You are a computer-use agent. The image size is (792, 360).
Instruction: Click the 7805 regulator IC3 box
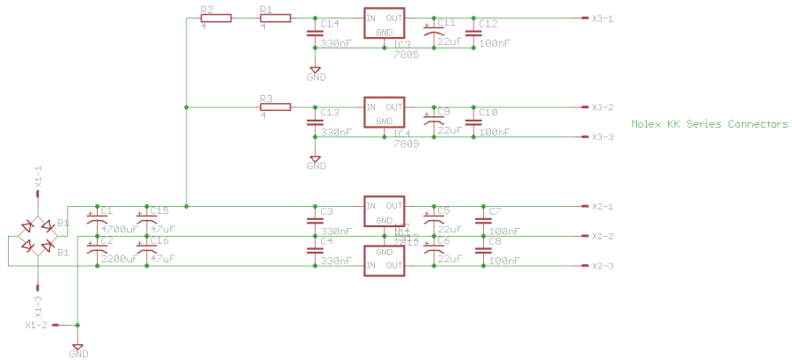(384, 25)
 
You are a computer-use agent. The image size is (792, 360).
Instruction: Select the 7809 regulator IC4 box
(384, 114)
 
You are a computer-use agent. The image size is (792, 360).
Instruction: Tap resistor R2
(216, 18)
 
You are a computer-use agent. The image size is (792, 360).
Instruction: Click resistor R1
(275, 18)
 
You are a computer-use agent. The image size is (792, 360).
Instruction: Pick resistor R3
(275, 107)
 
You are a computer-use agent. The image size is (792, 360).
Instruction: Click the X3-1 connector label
(602, 18)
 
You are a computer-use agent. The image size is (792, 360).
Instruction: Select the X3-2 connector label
(602, 107)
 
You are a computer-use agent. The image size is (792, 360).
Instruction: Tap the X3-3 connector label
(602, 137)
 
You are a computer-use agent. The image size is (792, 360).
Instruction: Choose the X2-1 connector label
(602, 207)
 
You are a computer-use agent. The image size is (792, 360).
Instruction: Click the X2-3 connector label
(602, 267)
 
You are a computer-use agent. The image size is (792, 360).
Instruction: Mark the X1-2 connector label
(36, 326)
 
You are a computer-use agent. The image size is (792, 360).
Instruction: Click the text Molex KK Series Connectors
(709, 124)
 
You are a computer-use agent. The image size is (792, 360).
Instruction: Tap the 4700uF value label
(119, 229)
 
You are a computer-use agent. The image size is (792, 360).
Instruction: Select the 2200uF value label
(119, 259)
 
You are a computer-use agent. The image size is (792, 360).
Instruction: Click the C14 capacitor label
(330, 24)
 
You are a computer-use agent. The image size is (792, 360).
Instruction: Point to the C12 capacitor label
(488, 24)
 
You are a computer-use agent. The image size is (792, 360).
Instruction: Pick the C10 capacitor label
(488, 113)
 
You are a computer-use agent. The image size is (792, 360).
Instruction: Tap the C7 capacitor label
(495, 211)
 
